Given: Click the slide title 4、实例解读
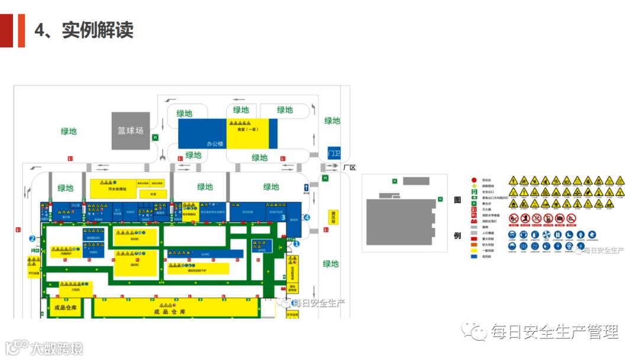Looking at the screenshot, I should [x=84, y=30].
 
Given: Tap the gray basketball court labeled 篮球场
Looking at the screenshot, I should [x=130, y=131].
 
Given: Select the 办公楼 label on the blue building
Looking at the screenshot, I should [x=214, y=143].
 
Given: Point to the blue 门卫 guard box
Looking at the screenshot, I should [x=334, y=153].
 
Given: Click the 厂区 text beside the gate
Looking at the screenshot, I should [x=350, y=168].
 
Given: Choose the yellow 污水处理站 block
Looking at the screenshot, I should [x=113, y=189].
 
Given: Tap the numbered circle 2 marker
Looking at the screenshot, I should [x=33, y=239].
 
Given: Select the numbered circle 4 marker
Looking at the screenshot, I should [x=306, y=217].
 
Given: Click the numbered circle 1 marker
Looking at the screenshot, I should [x=296, y=243].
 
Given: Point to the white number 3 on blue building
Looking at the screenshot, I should [x=283, y=217].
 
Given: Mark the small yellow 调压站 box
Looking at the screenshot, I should [x=334, y=217].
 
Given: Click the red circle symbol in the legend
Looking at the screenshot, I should [x=474, y=179].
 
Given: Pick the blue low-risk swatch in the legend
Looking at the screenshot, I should [x=474, y=256].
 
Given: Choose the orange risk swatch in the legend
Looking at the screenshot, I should [x=474, y=244].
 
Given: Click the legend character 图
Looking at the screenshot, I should [x=457, y=200].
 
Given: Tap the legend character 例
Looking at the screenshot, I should [x=457, y=236].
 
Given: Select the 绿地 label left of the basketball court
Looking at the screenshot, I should [x=69, y=131].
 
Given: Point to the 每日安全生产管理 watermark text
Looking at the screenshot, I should [x=554, y=332].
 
